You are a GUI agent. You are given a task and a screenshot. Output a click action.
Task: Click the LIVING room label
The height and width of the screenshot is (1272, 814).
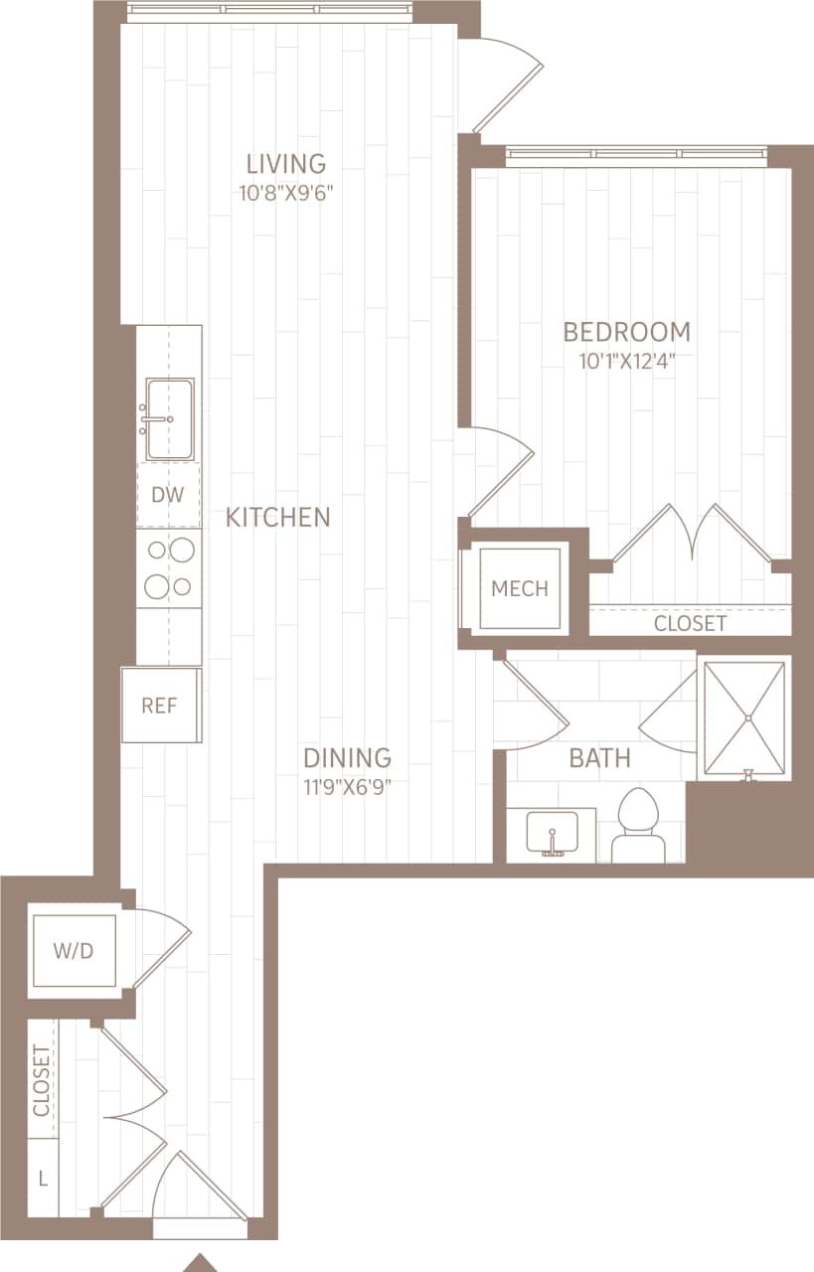[286, 163]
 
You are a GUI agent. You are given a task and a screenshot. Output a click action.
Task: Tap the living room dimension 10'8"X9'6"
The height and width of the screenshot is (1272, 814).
[285, 193]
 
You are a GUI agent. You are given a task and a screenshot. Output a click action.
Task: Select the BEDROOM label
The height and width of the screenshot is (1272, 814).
[626, 331]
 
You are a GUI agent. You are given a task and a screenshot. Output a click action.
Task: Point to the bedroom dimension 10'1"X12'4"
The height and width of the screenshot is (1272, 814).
[627, 361]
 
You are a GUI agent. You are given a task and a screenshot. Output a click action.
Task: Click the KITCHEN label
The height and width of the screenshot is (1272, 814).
[277, 517]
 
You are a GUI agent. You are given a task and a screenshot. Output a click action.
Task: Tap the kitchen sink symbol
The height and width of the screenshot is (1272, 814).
[169, 404]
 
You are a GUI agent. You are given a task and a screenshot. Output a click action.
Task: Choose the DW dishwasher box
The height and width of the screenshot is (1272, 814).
[168, 494]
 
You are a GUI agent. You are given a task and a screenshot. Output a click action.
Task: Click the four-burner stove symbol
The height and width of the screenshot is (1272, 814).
[169, 567]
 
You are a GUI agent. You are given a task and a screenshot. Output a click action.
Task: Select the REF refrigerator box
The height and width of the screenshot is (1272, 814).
[159, 706]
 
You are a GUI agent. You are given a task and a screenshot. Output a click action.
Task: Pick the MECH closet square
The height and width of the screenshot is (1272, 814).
[520, 588]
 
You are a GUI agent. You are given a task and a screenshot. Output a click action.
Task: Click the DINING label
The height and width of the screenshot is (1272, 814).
[347, 758]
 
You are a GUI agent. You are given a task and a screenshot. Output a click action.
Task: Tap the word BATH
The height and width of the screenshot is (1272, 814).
[599, 759]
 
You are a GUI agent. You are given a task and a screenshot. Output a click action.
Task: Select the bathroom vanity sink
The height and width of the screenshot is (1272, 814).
[551, 833]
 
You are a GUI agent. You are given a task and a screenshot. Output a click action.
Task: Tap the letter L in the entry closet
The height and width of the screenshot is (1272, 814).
[42, 1179]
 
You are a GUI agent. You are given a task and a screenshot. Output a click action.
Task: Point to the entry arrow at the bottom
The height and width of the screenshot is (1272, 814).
[202, 1263]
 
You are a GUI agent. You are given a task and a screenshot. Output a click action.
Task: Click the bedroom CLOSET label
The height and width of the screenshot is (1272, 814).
[690, 623]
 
